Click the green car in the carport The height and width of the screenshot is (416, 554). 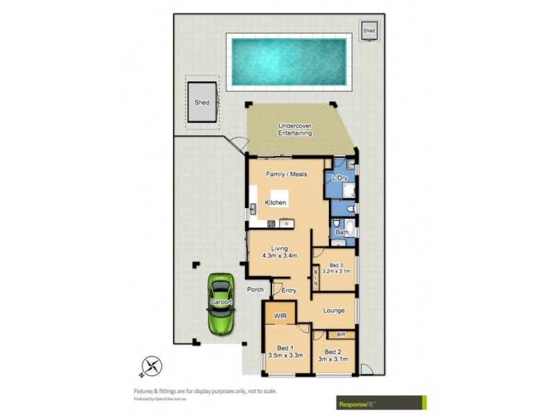(x=221, y=304)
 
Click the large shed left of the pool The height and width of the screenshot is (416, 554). (x=202, y=103)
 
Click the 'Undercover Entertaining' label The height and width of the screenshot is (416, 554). (x=294, y=129)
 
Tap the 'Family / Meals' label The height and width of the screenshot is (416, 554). (x=287, y=174)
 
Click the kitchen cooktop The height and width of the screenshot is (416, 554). (x=271, y=223)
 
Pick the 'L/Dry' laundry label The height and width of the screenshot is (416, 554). (x=339, y=179)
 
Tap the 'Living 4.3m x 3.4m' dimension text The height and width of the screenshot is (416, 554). (x=280, y=252)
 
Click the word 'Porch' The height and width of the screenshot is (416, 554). (x=256, y=290)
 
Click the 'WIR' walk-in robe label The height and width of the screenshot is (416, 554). (x=280, y=315)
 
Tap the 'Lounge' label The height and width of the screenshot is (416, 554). (x=334, y=311)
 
